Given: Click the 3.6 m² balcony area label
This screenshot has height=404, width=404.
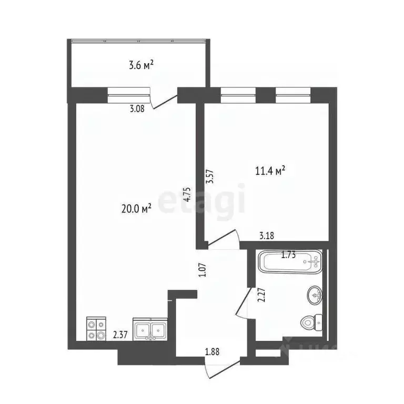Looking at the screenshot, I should point(141,66).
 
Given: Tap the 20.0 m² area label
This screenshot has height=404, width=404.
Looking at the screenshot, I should point(136,208).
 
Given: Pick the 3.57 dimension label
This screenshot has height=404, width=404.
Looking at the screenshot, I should point(210,174).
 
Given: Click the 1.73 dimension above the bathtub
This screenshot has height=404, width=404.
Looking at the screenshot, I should point(288,256).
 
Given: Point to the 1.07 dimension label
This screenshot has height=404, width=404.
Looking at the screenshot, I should point(201,270).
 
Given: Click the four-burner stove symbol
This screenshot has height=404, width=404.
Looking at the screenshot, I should point(96,329).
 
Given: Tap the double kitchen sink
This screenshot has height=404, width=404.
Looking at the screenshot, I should point(150,330).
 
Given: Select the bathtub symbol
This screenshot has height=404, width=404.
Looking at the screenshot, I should point(289,261).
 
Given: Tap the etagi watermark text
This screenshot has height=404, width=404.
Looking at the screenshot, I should point(203,199).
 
